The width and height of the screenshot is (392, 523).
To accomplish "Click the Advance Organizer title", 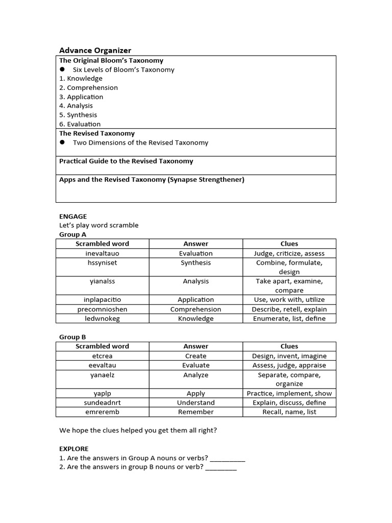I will tap(95, 50).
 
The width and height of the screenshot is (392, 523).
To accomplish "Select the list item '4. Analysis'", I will tap(76, 106).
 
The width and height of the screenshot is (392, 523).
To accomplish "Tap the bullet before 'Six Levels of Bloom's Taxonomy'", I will tap(63, 69).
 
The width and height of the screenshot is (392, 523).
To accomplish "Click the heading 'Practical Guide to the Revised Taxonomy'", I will tap(126, 161).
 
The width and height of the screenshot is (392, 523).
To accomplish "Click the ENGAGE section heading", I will tap(73, 216).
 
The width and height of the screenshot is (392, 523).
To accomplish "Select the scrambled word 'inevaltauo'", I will tap(103, 253).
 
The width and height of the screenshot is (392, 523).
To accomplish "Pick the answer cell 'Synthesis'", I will tap(195, 263).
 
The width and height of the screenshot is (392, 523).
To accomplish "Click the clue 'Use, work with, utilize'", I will tap(289, 300).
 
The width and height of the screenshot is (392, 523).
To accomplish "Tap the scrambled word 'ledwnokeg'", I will tap(103, 319).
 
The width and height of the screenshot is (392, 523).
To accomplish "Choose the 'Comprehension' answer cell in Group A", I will tap(195, 310).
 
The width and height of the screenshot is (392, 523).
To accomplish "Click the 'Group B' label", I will tap(72, 337).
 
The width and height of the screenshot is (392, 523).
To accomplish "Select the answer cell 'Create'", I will tap(195, 356).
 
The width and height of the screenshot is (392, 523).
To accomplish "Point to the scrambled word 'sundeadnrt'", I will tap(103, 402).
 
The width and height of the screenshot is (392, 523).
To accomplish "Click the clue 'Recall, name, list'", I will tap(289, 412).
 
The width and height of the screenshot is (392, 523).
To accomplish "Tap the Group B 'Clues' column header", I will tap(289, 346).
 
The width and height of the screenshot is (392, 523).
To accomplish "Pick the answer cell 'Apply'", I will tap(195, 393).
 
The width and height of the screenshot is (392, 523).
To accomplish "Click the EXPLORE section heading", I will tap(74, 448).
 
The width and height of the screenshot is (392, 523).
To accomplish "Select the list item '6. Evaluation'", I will tap(80, 124).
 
